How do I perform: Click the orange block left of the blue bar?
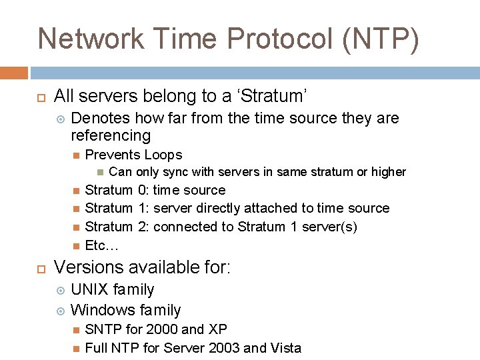(x=13, y=73)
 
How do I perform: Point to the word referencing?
(x=111, y=136)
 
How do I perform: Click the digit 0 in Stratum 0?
(x=142, y=191)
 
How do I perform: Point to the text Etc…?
(x=101, y=245)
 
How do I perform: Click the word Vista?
(x=286, y=348)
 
